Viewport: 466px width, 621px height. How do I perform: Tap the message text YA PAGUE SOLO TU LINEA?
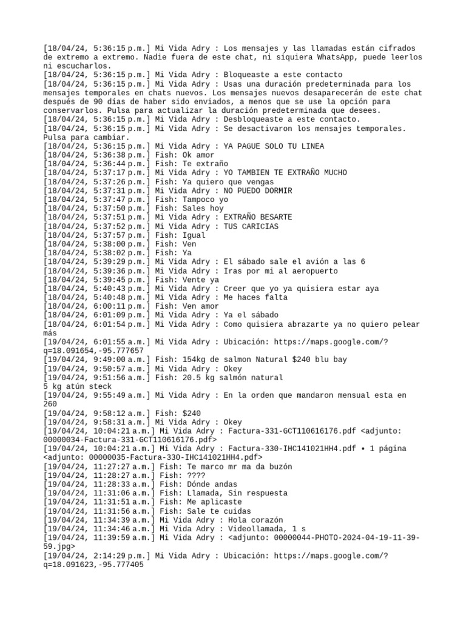(274, 146)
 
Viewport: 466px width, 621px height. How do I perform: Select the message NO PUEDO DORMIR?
(258, 191)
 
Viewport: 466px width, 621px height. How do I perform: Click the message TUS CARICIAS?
(251, 226)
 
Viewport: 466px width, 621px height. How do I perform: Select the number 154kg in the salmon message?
(195, 360)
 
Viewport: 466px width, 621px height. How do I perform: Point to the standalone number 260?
(50, 404)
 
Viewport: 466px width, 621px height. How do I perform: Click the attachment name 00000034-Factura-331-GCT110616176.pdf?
(129, 440)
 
